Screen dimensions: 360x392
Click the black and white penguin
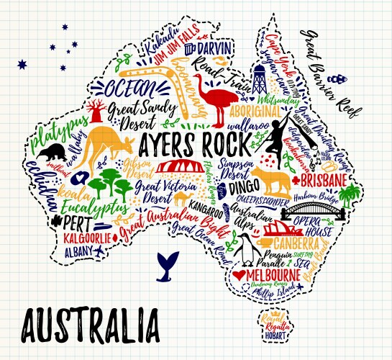click(247, 250)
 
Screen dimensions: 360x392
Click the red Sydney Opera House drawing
click(276, 229)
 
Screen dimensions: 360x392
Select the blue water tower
click(259, 81)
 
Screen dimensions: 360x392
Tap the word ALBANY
click(78, 251)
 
